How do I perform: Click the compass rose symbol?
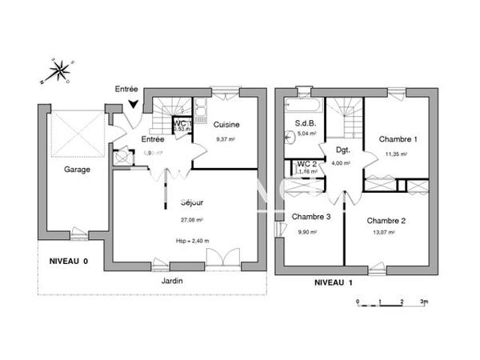57,71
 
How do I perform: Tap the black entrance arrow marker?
133,102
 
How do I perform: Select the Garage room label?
77,170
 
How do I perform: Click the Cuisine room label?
227,126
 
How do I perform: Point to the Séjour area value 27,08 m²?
191,220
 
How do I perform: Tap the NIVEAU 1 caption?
334,282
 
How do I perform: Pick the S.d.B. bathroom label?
306,123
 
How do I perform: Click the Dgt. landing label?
342,150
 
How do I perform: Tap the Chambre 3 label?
310,217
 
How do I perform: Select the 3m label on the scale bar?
425,302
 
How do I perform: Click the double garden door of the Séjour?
217,258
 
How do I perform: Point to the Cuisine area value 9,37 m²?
227,139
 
